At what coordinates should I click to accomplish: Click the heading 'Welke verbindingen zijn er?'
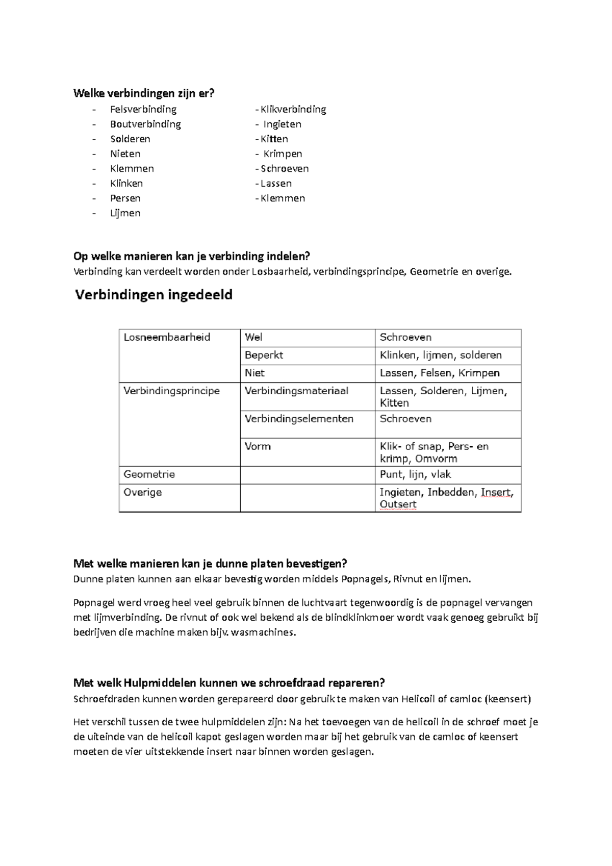[144, 93]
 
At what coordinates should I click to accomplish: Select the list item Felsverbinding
[143, 109]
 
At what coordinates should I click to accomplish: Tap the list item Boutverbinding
[145, 124]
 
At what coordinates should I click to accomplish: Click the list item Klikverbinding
[293, 109]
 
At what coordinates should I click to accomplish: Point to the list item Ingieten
[282, 124]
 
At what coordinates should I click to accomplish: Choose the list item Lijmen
[125, 213]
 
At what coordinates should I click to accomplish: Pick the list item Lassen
[276, 183]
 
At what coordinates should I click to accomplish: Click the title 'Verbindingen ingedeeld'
[154, 295]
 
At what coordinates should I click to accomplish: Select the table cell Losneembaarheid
[167, 337]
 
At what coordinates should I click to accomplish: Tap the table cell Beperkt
[264, 355]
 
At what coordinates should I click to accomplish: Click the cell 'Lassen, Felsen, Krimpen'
[440, 373]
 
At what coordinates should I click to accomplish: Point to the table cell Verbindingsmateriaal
[296, 391]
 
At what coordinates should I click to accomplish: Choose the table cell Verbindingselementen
[299, 419]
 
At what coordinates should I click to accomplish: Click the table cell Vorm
[258, 446]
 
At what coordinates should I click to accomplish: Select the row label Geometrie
[149, 474]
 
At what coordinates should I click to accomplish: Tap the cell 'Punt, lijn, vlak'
[415, 474]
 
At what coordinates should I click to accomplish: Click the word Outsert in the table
[398, 504]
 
